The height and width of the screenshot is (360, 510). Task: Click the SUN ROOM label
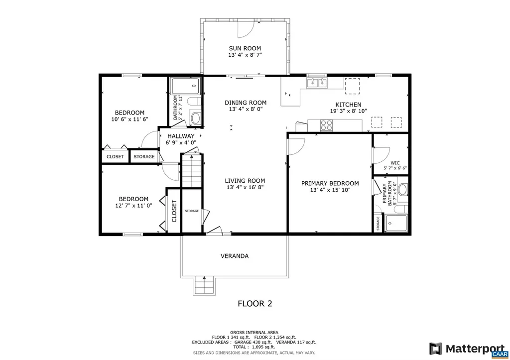point(245,48)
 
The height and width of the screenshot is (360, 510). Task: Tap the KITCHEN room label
point(348,105)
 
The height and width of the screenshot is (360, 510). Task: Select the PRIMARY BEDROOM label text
point(330,183)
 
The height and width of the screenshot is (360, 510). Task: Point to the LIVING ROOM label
point(245,181)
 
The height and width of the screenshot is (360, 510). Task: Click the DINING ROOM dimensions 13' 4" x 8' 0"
point(245,109)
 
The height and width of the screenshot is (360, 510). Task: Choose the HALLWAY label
point(181,136)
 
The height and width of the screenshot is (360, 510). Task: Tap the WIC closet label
point(395,163)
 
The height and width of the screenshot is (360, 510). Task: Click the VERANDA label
point(235,256)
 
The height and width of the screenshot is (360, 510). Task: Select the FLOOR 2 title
point(255,303)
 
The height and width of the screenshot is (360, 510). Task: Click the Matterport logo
point(468,348)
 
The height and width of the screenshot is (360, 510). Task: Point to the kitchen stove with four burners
point(326,125)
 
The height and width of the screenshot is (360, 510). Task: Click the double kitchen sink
point(316,83)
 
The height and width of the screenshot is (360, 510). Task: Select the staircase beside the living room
point(191,171)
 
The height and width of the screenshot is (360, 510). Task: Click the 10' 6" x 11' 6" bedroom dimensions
point(129,120)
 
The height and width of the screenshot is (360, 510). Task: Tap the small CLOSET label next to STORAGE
point(115,157)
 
